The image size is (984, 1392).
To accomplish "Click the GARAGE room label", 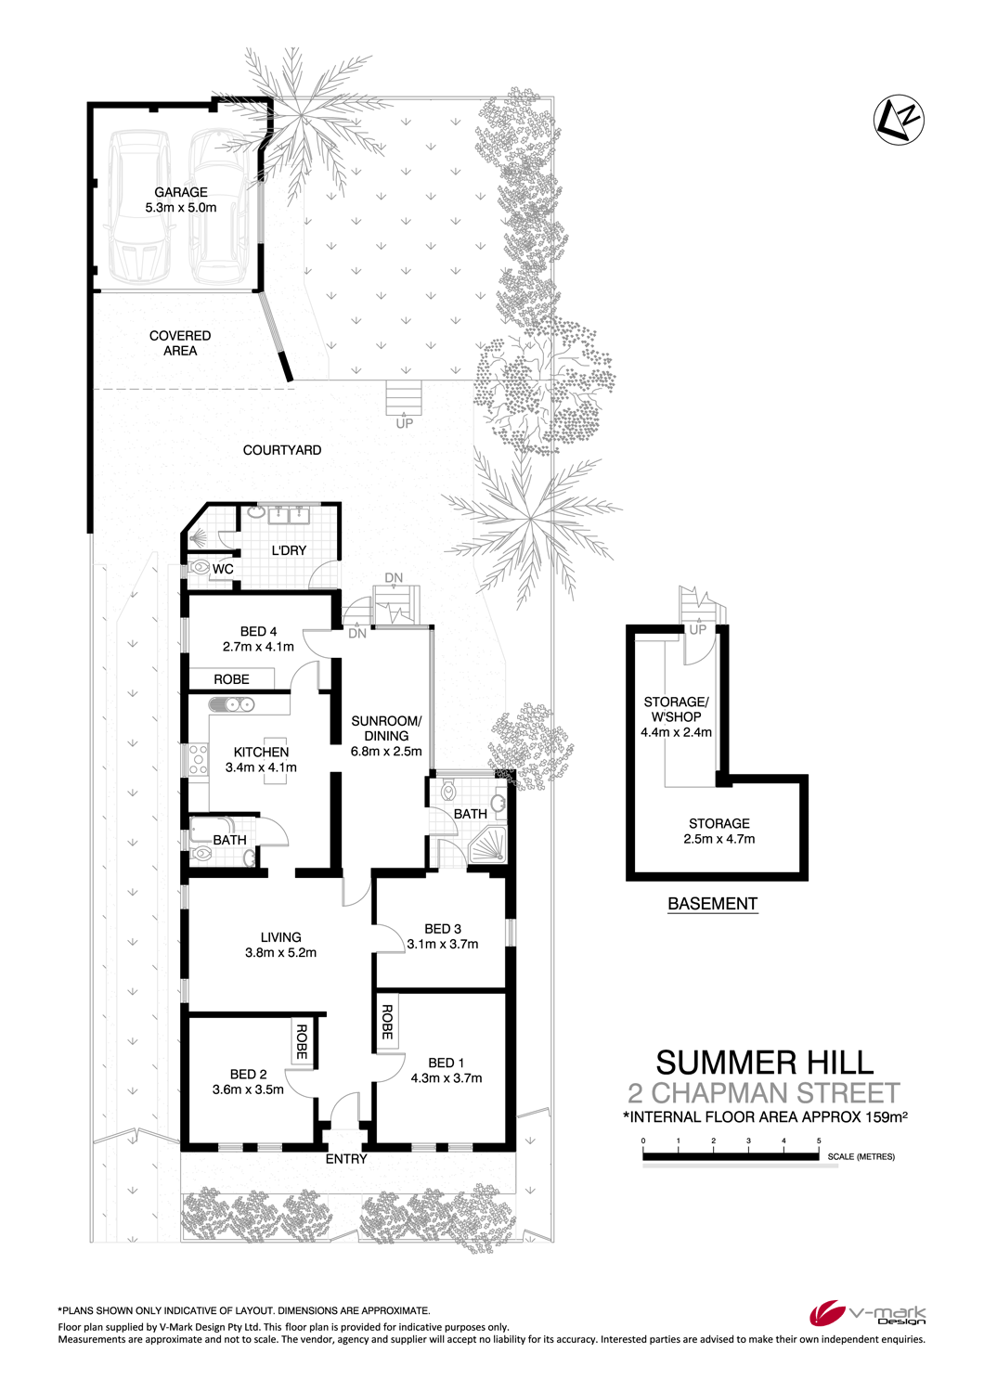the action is pos(181,192).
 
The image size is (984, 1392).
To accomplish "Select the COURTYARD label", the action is pos(281,450).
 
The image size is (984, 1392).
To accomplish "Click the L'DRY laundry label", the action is pos(289,550).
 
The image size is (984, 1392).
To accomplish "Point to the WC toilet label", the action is pos(223,569).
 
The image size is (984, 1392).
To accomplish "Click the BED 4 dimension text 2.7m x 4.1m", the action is pos(258,646).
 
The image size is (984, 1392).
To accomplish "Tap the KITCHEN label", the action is pos(261,752).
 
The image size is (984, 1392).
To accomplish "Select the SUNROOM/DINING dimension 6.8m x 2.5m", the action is pos(386,751).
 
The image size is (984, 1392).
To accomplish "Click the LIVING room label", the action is pos(281,937).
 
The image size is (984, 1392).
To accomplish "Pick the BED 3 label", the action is pos(443,928).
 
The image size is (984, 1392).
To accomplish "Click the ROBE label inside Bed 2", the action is pos(302,1041).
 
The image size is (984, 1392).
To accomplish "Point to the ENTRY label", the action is pos(346,1159).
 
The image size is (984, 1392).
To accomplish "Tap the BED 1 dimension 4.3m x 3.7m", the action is pos(447,1078).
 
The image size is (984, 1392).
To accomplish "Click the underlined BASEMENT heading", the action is pos(712,904).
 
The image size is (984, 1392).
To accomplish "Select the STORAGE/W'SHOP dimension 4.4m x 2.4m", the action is pos(677,732).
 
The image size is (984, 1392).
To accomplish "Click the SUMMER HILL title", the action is pos(765,1063).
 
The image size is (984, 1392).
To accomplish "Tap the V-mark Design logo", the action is pos(867,1314).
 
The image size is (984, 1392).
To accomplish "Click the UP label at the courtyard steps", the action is pos(404,423).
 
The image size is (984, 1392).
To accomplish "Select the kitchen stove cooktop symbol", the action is pos(199,759).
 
